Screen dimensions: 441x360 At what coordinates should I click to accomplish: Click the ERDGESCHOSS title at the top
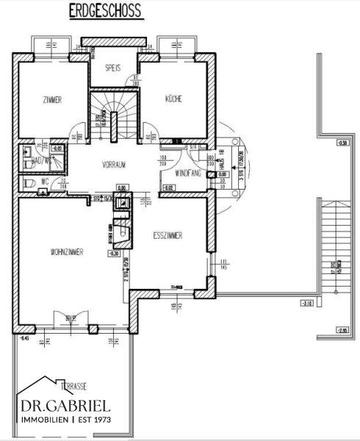(106, 12)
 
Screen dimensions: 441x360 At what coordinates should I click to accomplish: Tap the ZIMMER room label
(52, 100)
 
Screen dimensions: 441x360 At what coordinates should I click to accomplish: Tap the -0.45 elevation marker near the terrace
(24, 337)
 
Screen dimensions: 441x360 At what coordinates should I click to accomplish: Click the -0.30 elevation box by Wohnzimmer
(114, 253)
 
